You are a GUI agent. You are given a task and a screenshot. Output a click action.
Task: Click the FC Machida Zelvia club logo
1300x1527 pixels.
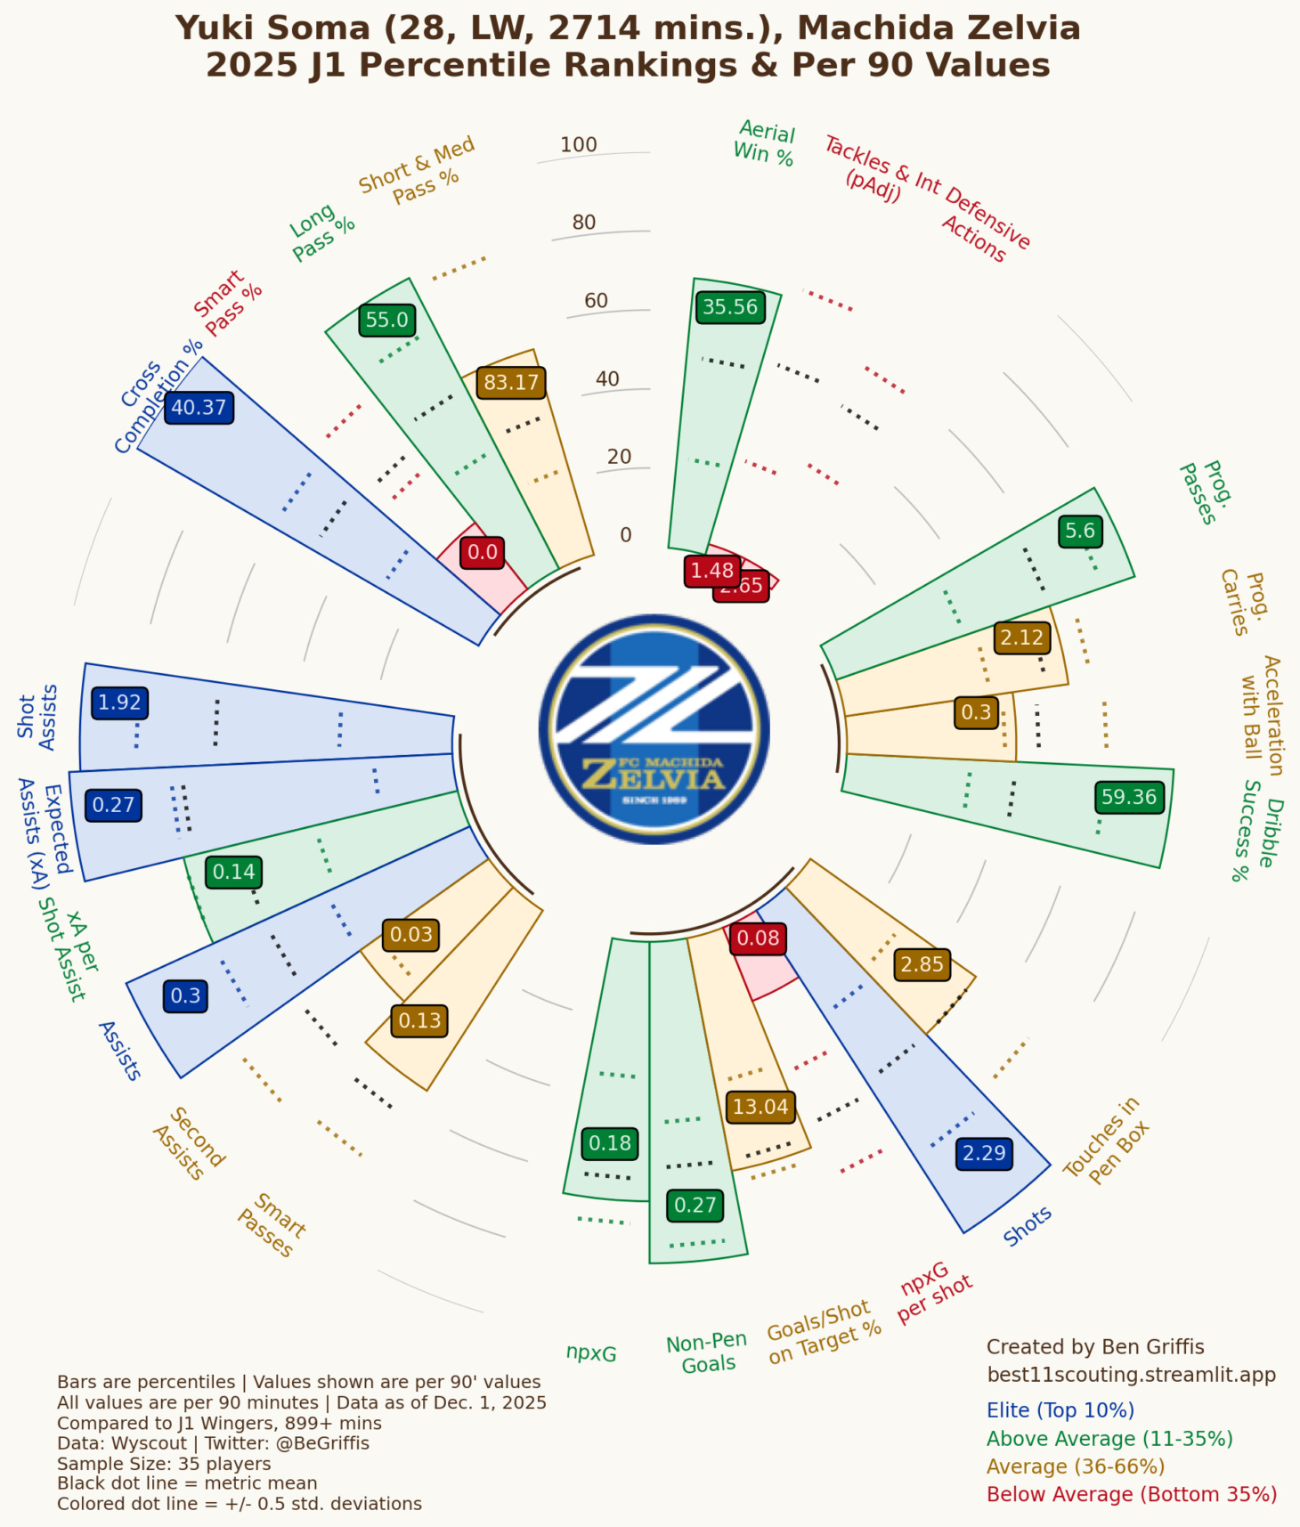tap(654, 729)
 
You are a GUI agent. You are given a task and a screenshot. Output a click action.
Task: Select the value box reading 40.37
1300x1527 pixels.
tap(199, 408)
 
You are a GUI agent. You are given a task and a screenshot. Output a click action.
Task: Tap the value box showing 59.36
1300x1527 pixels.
tap(1129, 797)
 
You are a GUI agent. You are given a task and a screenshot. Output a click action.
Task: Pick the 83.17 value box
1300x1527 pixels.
tap(511, 383)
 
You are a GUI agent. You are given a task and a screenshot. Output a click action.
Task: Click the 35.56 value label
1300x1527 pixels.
tap(730, 307)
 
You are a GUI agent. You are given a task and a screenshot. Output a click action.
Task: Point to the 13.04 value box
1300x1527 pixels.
tap(760, 1107)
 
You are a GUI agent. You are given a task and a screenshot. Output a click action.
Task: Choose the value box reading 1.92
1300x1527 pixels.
tap(119, 703)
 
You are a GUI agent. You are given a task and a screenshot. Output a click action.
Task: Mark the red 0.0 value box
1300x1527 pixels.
tap(483, 552)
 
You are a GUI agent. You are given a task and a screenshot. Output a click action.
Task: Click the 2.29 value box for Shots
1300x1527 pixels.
tap(984, 1153)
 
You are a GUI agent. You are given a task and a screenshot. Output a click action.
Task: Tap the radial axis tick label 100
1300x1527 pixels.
tap(579, 144)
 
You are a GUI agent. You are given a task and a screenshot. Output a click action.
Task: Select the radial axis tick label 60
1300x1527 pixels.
tap(596, 301)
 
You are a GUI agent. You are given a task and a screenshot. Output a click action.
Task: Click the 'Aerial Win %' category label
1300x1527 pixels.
tap(764, 143)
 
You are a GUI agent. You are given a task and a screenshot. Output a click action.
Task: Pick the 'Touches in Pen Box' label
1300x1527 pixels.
tap(1107, 1141)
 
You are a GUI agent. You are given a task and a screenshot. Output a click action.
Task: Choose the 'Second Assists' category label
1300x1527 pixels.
tap(188, 1144)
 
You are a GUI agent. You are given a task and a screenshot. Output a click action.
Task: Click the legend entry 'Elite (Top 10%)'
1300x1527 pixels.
tap(1060, 1410)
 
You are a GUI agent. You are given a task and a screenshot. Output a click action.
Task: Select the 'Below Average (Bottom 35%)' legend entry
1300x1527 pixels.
tap(1131, 1494)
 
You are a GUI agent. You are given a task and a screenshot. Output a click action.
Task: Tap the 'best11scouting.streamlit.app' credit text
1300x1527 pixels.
tap(1131, 1375)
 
